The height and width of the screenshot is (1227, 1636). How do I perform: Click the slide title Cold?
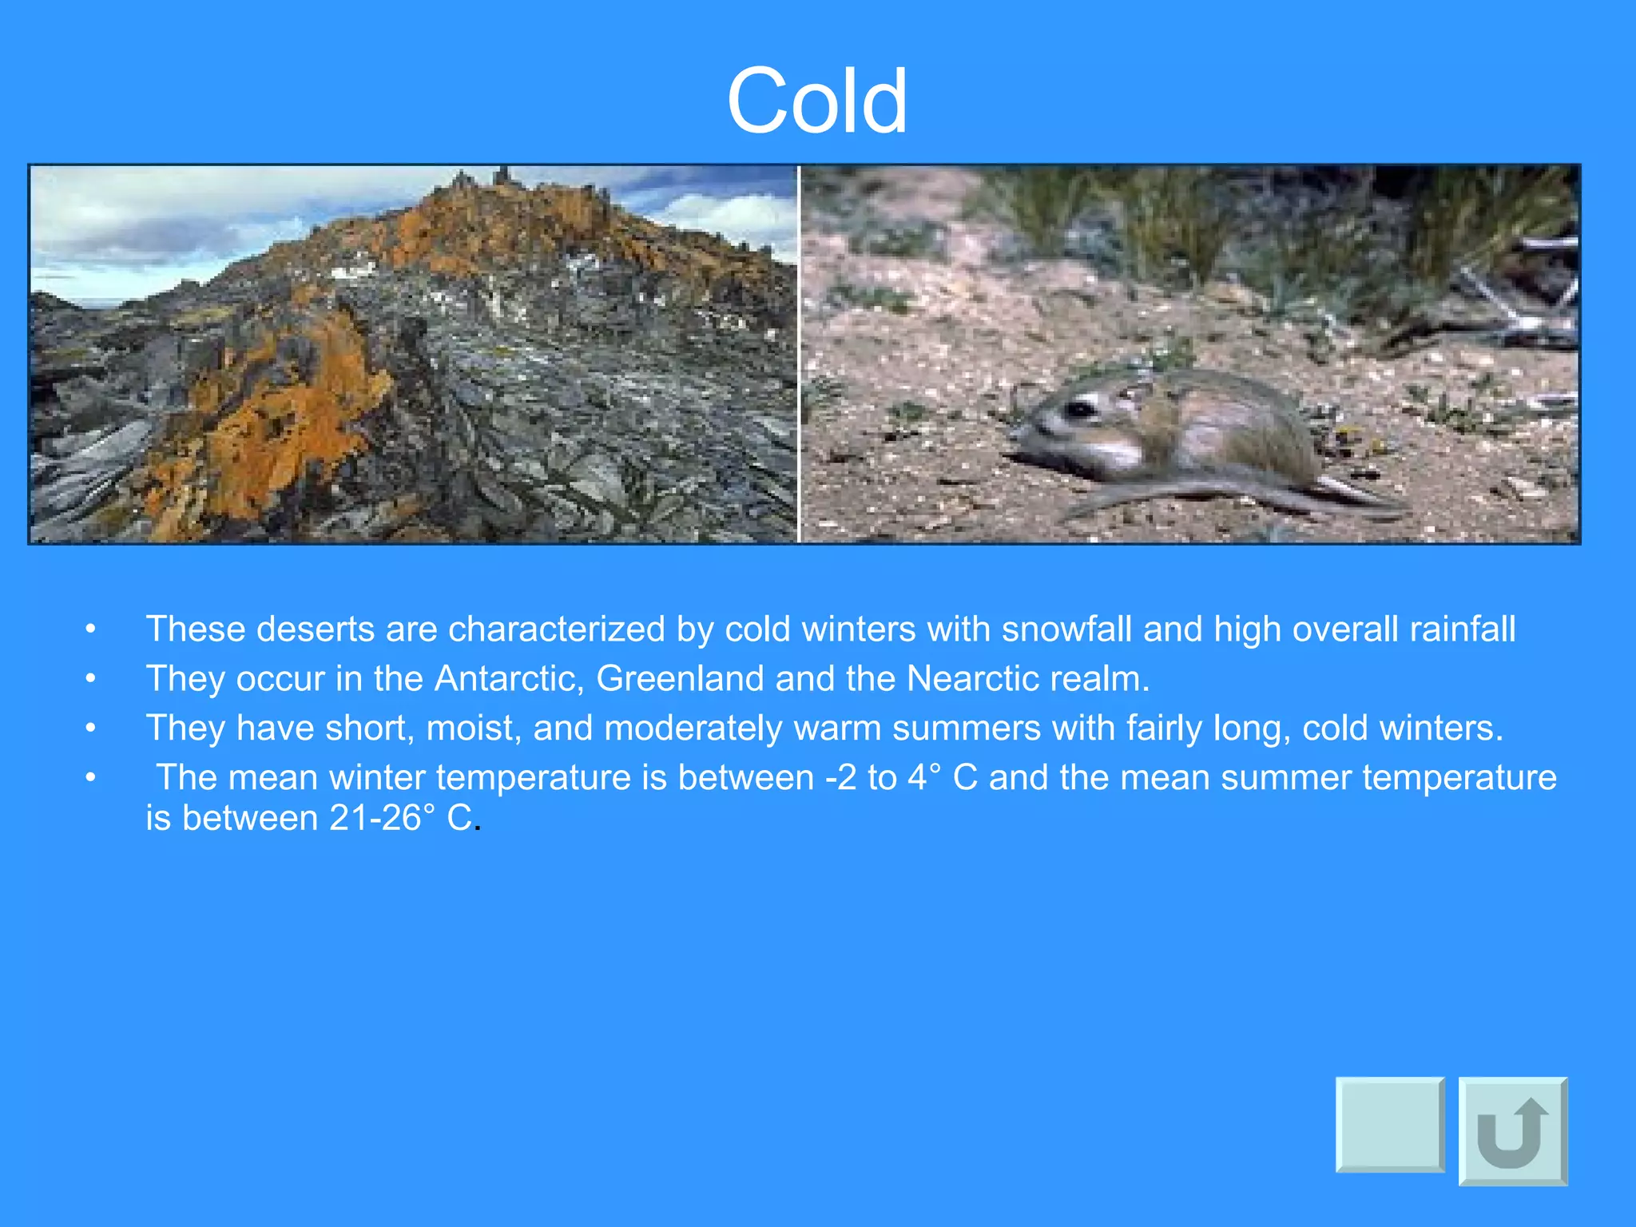[x=816, y=101]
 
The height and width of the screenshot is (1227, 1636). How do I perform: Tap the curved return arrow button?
[x=1512, y=1131]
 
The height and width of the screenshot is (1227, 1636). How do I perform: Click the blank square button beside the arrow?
[x=1390, y=1125]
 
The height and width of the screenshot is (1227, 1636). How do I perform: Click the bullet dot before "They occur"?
[x=91, y=678]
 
